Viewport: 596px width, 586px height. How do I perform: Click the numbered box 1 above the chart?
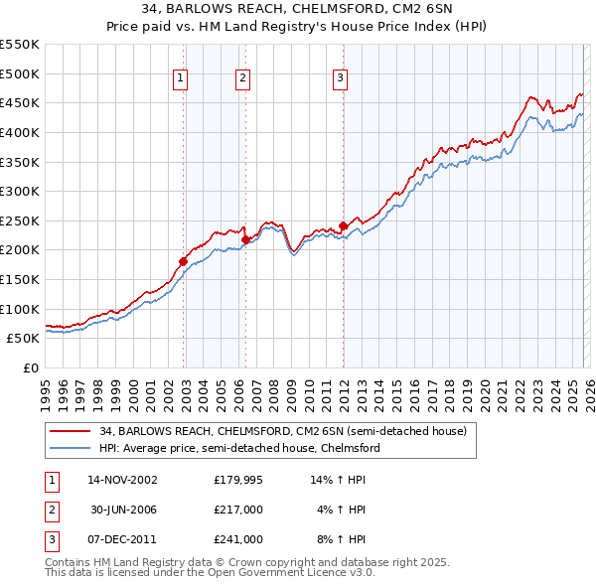pyautogui.click(x=181, y=79)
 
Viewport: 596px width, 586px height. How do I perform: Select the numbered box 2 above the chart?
pyautogui.click(x=243, y=79)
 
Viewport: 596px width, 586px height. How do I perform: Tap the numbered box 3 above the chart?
pyautogui.click(x=340, y=79)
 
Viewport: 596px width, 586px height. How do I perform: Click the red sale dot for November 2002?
pyautogui.click(x=183, y=261)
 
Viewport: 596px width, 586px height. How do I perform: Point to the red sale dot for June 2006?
pyautogui.click(x=245, y=239)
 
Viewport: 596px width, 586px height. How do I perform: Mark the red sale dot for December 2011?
pyautogui.click(x=343, y=225)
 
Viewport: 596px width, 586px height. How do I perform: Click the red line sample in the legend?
pyautogui.click(x=71, y=430)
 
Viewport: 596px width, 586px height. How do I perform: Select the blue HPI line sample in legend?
pyautogui.click(x=71, y=448)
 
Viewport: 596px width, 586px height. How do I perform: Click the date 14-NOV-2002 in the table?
pyautogui.click(x=122, y=479)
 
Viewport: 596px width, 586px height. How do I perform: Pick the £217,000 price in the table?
pyautogui.click(x=238, y=509)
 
